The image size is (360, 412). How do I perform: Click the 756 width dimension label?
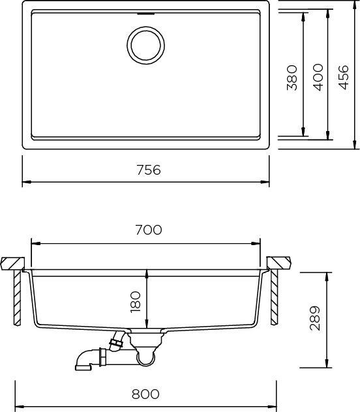pos(149,169)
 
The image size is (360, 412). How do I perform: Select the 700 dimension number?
pos(149,229)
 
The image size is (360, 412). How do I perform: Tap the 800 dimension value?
pos(145,394)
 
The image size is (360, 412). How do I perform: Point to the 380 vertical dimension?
pos(292,78)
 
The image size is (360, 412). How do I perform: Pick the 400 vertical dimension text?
pos(318,77)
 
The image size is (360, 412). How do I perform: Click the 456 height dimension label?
pos(343,77)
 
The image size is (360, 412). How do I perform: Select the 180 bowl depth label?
pos(136,302)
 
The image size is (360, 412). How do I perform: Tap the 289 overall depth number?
pos(315,318)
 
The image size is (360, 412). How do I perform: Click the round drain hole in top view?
pos(146,45)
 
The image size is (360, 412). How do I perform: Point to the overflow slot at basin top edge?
pos(146,14)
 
